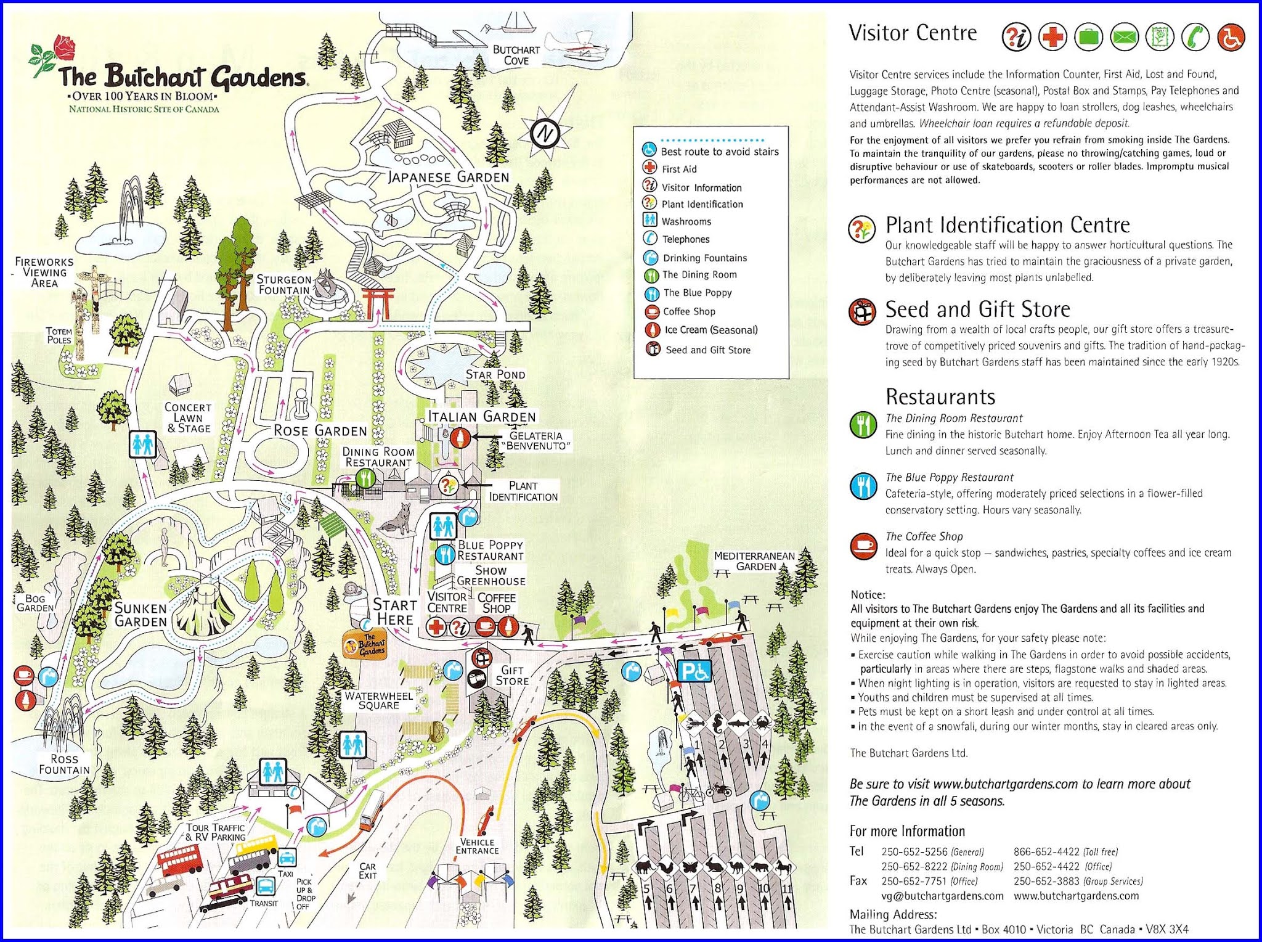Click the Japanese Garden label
click(x=449, y=177)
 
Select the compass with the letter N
click(x=545, y=133)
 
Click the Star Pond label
click(x=495, y=375)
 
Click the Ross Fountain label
click(x=64, y=764)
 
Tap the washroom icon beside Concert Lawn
click(x=143, y=444)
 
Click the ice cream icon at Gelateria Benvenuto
click(x=460, y=438)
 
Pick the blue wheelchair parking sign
click(x=694, y=671)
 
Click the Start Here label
click(x=394, y=613)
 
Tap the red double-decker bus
click(x=179, y=859)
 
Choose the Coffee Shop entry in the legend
click(x=688, y=312)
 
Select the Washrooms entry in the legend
click(x=685, y=221)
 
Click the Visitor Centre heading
click(x=913, y=33)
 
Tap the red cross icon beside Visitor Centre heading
click(x=1052, y=37)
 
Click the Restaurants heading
click(x=940, y=396)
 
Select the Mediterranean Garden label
click(x=755, y=561)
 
